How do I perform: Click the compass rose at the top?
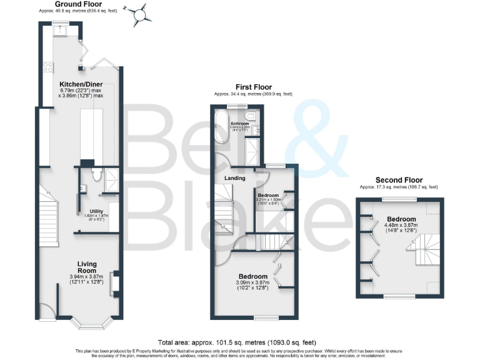[142, 12]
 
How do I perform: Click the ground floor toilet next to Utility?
[95, 174]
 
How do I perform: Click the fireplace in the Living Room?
[114, 282]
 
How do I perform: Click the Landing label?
[234, 178]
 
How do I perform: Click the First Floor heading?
[252, 87]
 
